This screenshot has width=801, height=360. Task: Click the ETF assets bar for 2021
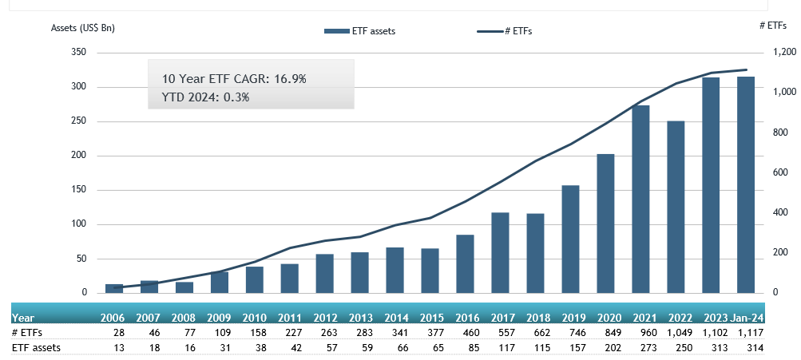[640, 200]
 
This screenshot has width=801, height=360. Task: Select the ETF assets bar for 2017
[500, 253]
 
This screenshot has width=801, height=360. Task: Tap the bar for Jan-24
[746, 185]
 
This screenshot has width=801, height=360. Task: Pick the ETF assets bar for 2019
[570, 239]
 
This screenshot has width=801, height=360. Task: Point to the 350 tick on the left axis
[79, 53]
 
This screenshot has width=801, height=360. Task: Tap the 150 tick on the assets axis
[79, 190]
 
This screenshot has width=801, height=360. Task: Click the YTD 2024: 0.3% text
[206, 97]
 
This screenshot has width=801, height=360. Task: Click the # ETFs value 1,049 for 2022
[675, 331]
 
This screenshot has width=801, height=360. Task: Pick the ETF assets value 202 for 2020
[605, 347]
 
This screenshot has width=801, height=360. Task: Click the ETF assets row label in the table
[37, 347]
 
